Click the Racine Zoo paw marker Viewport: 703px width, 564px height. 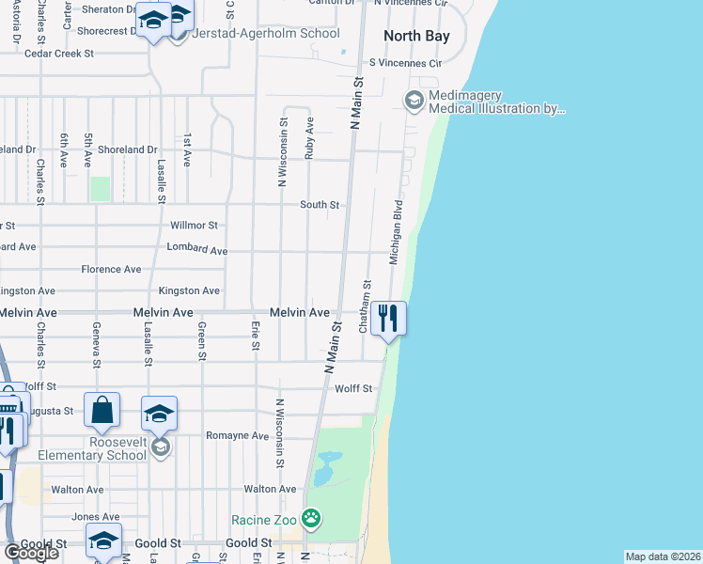tap(311, 519)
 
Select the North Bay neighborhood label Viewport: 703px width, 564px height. tap(416, 37)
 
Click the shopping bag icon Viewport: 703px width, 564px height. tap(102, 410)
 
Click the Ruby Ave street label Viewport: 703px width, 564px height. tap(309, 136)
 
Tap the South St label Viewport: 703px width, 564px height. tap(320, 205)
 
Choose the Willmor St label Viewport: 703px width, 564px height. tap(194, 226)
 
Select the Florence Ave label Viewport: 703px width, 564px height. tap(111, 270)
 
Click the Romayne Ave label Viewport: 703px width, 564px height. tap(237, 436)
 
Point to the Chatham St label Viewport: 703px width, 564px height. tap(365, 305)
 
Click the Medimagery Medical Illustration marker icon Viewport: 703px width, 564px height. tap(414, 100)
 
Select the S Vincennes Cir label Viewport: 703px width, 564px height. tap(404, 63)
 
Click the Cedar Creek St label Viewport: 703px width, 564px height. tap(59, 54)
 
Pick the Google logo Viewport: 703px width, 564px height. tap(31, 553)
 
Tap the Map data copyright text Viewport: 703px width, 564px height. tap(664, 556)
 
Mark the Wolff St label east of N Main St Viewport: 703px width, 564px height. tap(353, 388)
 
